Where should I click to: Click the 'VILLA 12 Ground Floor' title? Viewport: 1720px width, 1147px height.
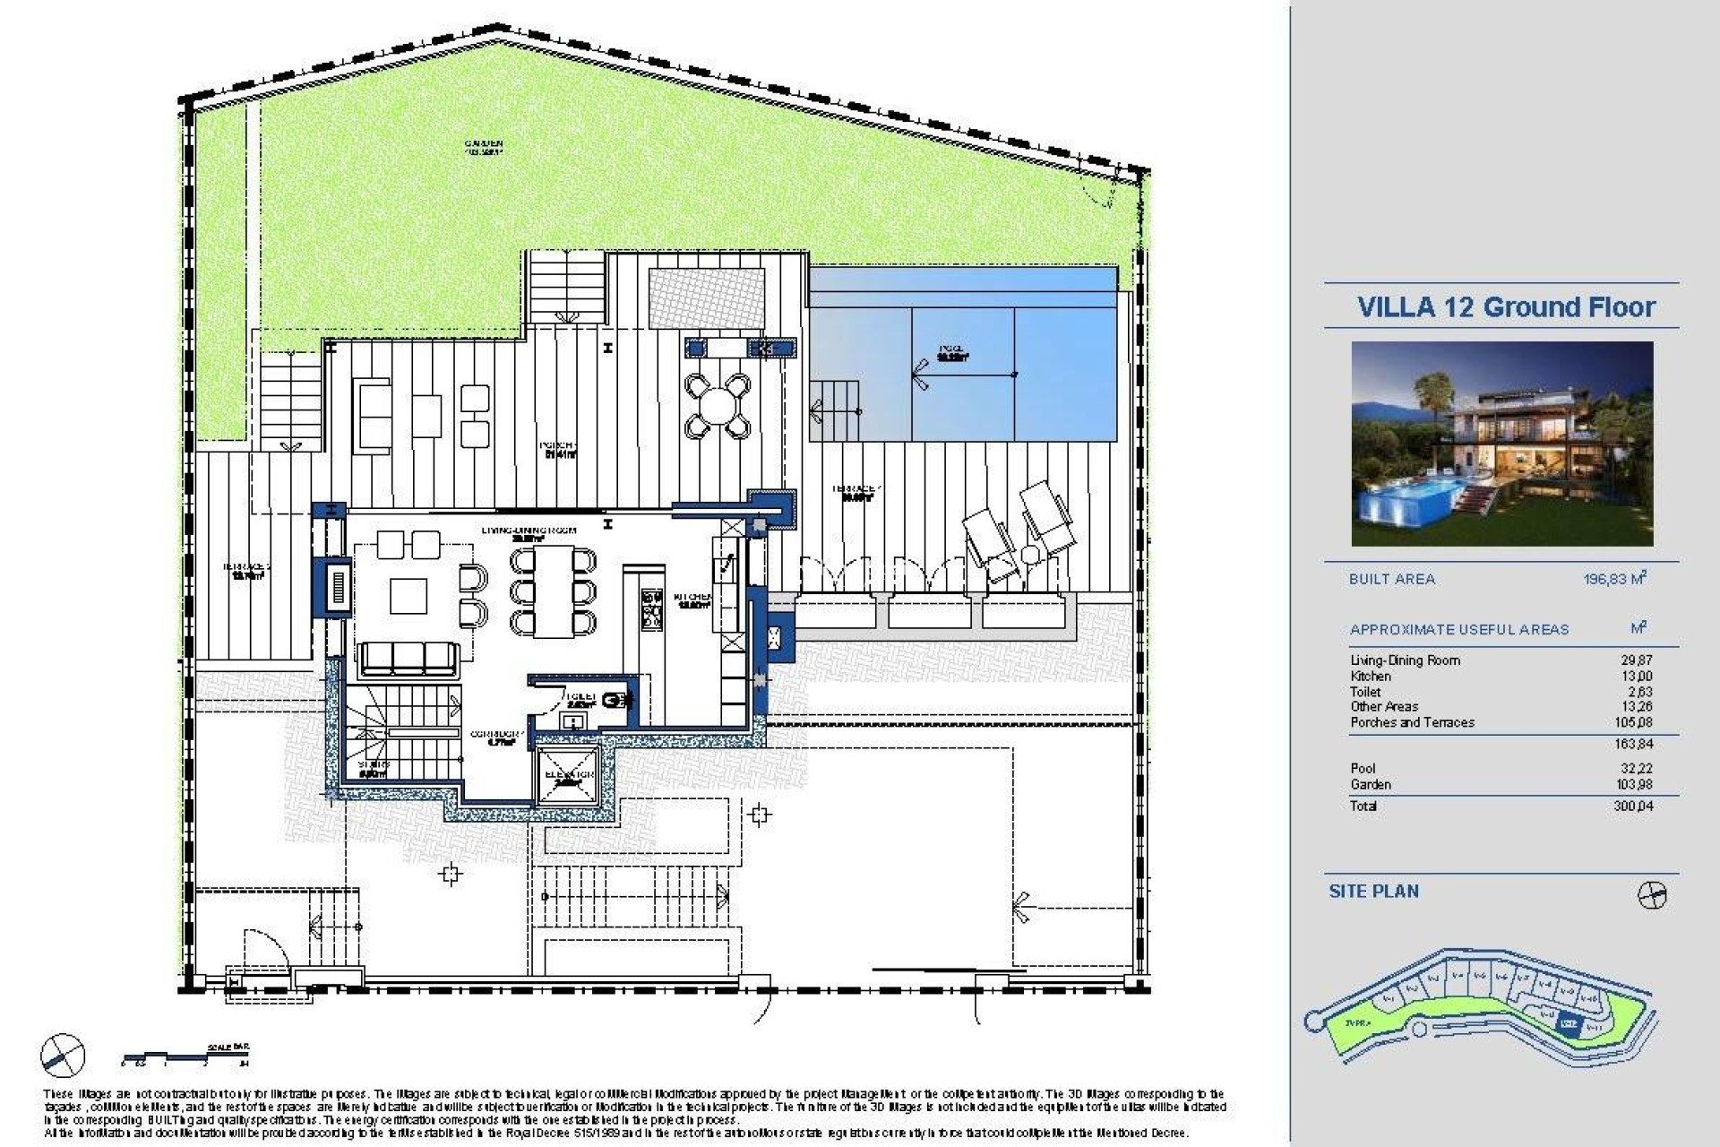pyautogui.click(x=1506, y=307)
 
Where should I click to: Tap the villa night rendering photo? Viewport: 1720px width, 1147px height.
pyautogui.click(x=1501, y=444)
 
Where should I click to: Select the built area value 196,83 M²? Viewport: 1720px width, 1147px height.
pyautogui.click(x=1615, y=579)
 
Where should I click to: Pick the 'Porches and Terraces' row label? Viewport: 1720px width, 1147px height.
pyautogui.click(x=1412, y=722)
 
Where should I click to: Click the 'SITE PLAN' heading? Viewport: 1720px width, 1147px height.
pyautogui.click(x=1373, y=892)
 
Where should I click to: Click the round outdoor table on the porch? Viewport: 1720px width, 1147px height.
pyautogui.click(x=717, y=406)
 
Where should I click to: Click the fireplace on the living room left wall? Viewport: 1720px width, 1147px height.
pyautogui.click(x=337, y=588)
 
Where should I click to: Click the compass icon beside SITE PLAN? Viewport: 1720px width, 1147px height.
pyautogui.click(x=1651, y=894)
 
